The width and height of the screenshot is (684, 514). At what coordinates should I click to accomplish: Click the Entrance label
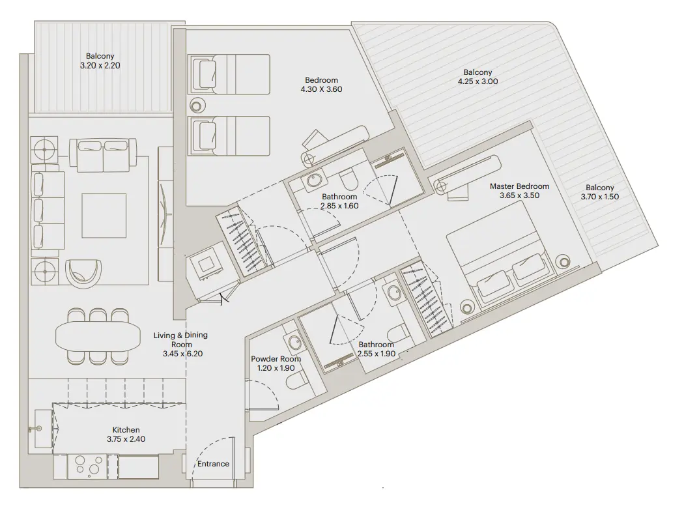point(214,464)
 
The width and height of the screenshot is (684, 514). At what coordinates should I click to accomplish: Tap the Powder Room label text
point(276,359)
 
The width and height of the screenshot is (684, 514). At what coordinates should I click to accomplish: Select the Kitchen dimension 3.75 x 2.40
point(126,440)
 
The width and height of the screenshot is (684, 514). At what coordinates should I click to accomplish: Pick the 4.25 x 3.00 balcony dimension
point(477,82)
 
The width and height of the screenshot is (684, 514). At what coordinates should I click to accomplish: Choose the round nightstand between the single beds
point(197,106)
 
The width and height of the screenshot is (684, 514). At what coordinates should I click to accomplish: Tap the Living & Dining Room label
point(180,345)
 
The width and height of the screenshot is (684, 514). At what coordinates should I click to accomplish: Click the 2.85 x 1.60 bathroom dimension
point(339,206)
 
